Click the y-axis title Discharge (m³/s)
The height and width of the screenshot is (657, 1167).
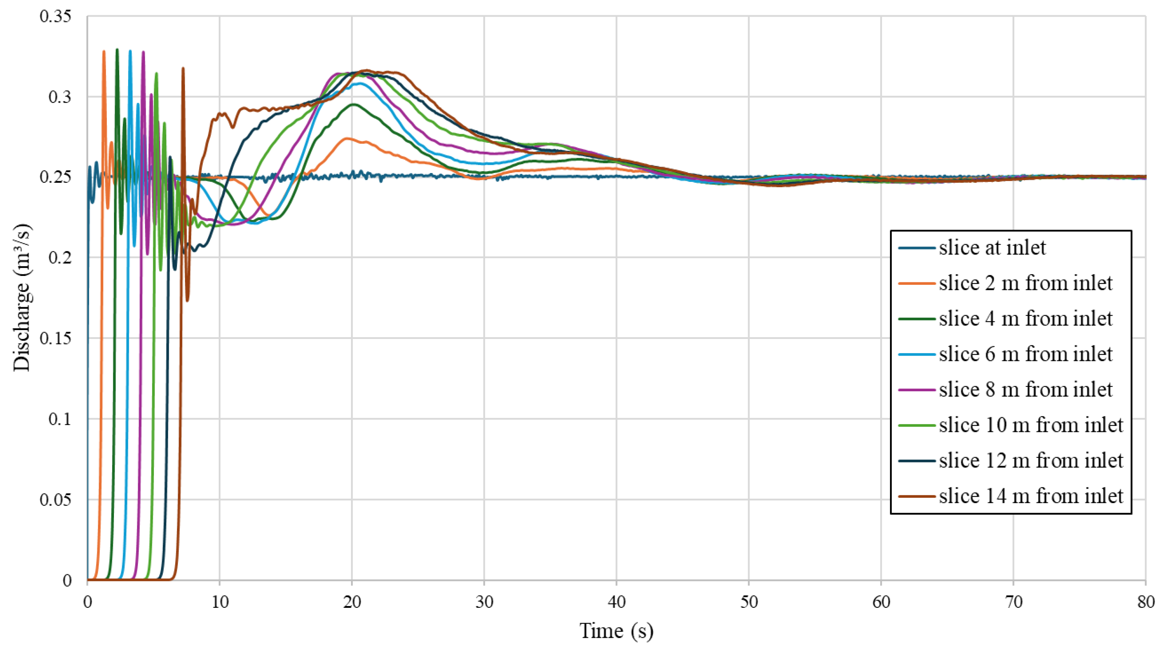(x=22, y=297)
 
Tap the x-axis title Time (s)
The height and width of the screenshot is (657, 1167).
(x=616, y=631)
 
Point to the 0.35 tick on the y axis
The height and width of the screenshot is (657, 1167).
(x=55, y=16)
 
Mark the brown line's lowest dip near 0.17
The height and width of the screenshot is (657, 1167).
(x=188, y=300)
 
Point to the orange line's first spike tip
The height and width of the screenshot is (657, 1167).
(x=104, y=51)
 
